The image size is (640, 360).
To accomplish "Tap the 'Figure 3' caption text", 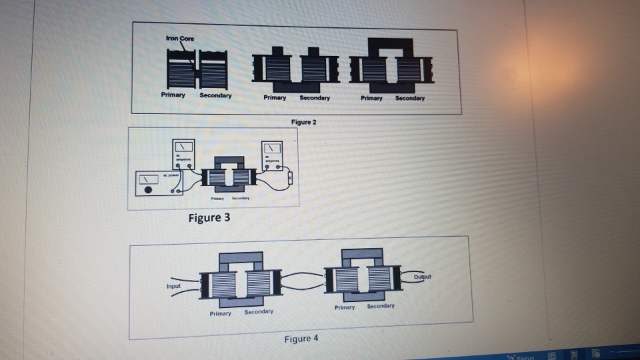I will [x=209, y=218].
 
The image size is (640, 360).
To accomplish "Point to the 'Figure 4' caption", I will [x=301, y=339].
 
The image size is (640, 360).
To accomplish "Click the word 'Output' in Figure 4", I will [x=422, y=276].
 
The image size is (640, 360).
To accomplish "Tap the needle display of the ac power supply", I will [x=148, y=179].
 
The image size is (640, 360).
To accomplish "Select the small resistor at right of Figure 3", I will [x=290, y=179].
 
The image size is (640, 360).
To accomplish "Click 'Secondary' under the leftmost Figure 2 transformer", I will [x=215, y=96].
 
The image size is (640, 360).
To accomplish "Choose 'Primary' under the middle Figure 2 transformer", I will [x=275, y=98].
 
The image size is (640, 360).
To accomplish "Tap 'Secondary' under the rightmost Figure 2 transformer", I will [x=409, y=99].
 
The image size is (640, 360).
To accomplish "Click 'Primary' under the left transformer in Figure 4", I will [x=220, y=313].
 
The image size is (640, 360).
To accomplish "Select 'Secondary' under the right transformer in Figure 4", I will [x=381, y=306].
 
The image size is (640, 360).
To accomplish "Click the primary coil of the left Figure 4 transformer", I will [x=223, y=285].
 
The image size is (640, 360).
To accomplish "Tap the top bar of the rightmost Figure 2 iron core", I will [x=391, y=45].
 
